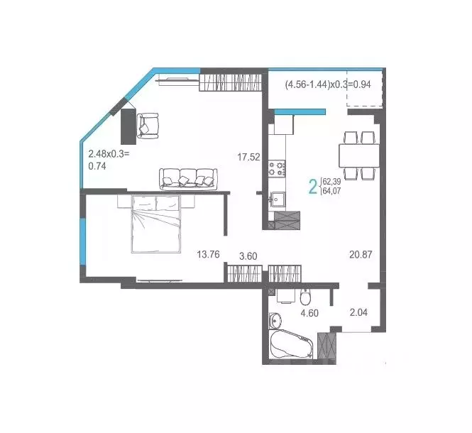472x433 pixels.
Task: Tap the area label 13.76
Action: pyautogui.click(x=210, y=254)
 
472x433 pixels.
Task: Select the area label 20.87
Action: pyautogui.click(x=361, y=254)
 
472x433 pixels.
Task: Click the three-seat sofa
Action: pyautogui.click(x=187, y=178)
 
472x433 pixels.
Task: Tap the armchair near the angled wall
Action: pyautogui.click(x=148, y=125)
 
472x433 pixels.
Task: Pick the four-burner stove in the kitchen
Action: pyautogui.click(x=277, y=168)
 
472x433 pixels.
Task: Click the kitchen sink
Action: pyautogui.click(x=278, y=199)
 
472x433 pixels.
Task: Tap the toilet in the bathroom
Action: pyautogui.click(x=305, y=297)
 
